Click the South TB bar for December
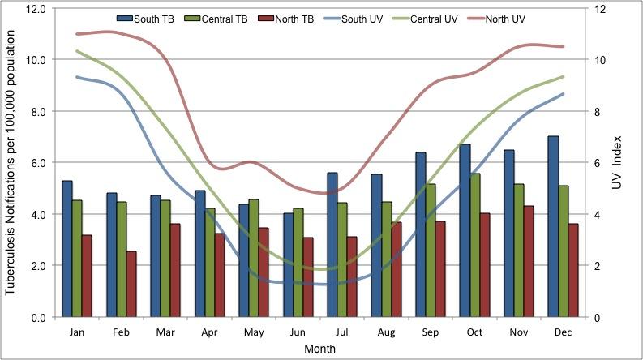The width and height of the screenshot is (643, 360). tap(554, 227)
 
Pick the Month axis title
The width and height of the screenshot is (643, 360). tap(319, 349)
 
